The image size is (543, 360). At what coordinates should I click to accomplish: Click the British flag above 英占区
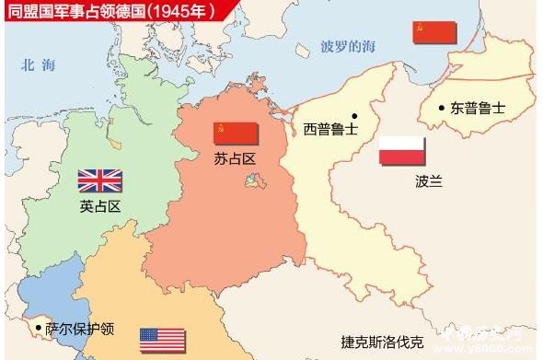99,180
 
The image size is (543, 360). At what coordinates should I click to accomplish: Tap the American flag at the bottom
162,340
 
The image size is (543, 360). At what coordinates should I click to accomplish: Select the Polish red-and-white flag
402,152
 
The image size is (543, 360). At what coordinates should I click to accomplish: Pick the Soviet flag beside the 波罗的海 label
433,32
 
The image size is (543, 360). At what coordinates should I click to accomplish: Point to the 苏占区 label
236,159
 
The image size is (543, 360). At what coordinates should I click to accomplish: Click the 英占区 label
100,206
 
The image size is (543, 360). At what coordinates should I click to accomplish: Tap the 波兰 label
428,181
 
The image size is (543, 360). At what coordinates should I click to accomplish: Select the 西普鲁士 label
330,129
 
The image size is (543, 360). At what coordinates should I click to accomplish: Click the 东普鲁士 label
478,108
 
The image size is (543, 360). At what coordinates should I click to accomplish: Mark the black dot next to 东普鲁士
441,107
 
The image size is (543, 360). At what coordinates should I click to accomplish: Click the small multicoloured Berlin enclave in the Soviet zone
251,181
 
